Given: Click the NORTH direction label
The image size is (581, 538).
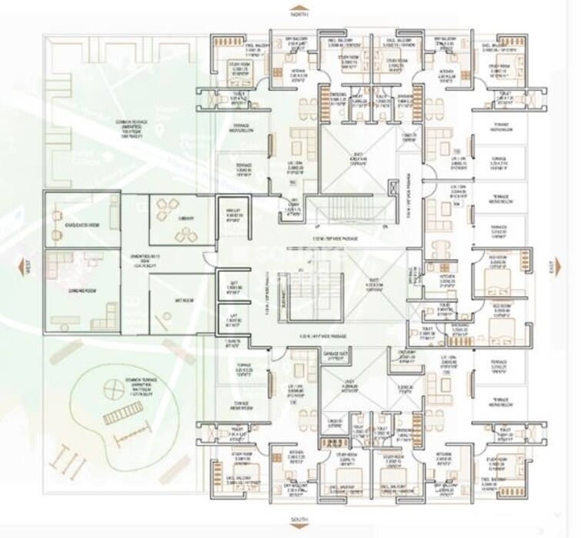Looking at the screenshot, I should click(299, 14).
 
